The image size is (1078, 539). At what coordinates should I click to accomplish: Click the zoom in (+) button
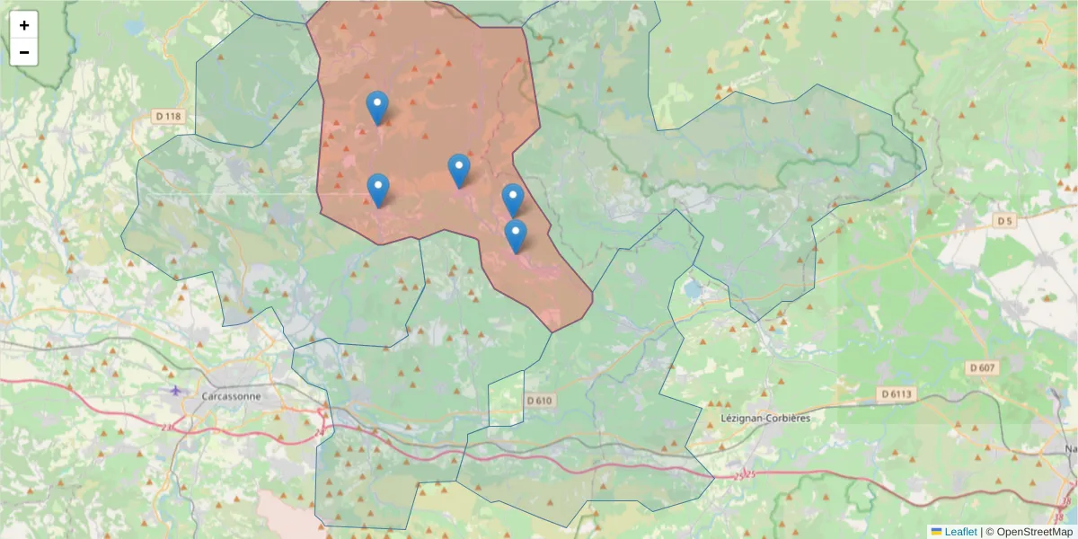[24, 25]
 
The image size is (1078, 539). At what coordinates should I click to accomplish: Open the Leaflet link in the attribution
[960, 532]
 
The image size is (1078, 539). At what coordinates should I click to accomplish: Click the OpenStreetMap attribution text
[1029, 532]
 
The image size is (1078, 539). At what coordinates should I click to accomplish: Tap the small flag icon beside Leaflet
[936, 532]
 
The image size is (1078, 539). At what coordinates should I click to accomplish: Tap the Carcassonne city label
[231, 396]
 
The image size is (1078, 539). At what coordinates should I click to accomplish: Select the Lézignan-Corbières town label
[765, 419]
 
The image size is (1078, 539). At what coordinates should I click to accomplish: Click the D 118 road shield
[168, 116]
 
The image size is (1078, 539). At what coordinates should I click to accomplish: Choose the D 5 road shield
[1004, 220]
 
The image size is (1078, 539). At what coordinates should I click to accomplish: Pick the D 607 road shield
[984, 367]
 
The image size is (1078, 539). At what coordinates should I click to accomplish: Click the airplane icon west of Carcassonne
[174, 390]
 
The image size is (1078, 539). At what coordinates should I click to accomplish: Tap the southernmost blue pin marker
[515, 235]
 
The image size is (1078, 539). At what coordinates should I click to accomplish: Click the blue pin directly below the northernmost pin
[378, 190]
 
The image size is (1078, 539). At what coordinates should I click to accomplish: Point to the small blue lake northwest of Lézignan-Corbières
[692, 289]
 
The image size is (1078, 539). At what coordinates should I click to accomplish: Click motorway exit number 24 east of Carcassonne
[319, 433]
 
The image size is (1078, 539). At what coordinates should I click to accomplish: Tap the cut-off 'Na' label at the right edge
[1070, 448]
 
